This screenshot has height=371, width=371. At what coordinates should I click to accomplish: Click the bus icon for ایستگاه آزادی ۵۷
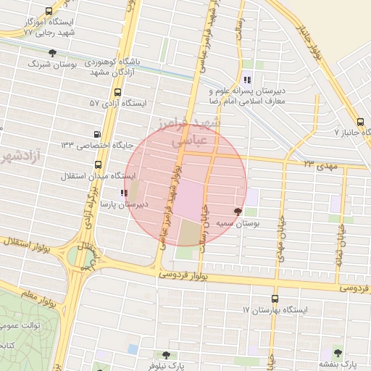point(118,92)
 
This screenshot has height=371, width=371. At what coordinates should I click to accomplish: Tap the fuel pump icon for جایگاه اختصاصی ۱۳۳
point(98,134)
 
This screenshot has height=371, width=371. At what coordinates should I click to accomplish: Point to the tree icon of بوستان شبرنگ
point(52,53)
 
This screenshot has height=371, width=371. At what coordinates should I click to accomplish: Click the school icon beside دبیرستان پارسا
point(122,193)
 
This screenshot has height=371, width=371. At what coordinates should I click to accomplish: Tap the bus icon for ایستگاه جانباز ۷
point(361,121)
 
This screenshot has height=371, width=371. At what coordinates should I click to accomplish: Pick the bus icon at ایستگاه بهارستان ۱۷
point(274,299)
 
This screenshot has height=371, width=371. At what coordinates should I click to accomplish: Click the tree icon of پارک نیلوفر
point(166,355)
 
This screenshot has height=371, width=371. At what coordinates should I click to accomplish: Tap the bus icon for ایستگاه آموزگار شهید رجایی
point(49,12)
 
